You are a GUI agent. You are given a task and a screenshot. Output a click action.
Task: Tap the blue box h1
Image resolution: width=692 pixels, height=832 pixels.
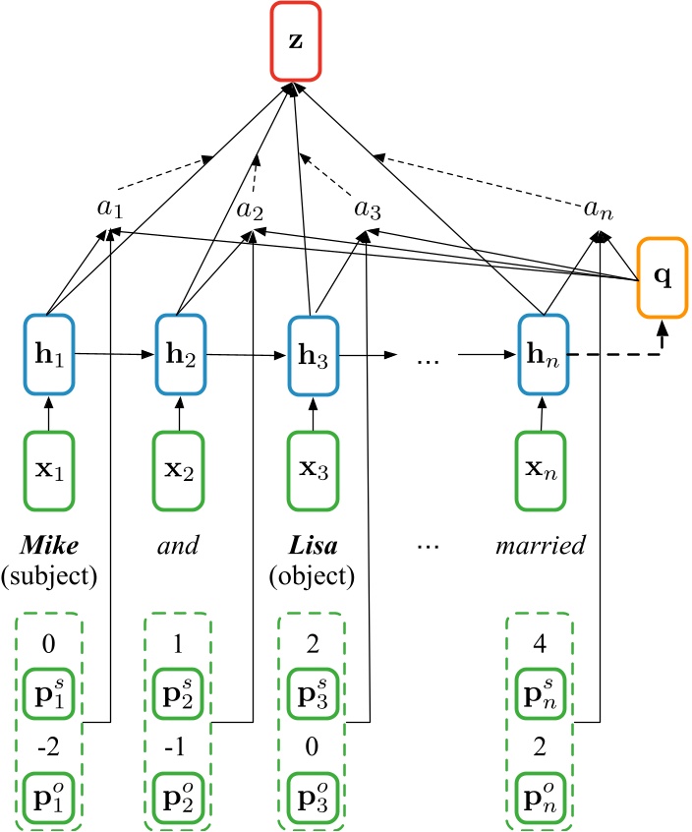47,349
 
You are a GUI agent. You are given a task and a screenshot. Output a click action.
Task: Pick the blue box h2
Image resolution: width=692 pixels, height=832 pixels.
180,349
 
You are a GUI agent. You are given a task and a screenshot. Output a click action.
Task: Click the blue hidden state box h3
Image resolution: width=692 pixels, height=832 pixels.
313,349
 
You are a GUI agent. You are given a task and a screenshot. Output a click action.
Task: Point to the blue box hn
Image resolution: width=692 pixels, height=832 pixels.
542,349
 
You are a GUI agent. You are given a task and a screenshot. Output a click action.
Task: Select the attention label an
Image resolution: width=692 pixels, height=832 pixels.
597,210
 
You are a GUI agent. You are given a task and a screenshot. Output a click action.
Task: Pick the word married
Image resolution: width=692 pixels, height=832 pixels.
542,542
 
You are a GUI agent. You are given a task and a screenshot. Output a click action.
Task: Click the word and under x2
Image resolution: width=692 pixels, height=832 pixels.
180,542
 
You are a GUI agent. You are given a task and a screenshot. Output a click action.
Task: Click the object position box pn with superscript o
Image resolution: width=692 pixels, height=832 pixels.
542,790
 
